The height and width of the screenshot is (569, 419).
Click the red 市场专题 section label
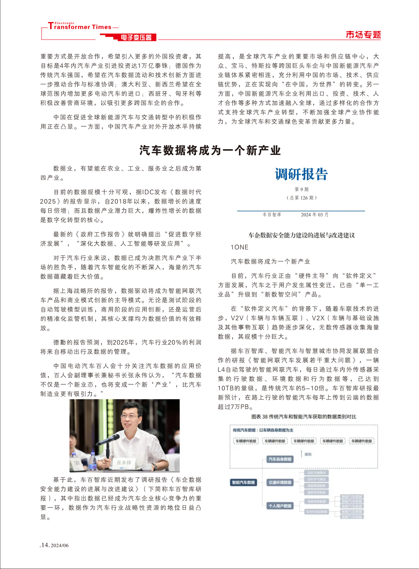(x=363, y=35)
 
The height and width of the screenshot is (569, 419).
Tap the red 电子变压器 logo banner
(x=136, y=37)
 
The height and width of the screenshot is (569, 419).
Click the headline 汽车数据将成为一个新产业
(x=210, y=151)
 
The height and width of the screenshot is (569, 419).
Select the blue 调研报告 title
(x=301, y=174)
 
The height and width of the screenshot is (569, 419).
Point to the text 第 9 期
(x=301, y=189)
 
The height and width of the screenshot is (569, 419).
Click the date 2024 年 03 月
(x=314, y=215)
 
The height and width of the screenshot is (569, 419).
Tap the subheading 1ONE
(x=239, y=247)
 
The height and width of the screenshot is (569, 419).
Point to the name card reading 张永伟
(x=124, y=462)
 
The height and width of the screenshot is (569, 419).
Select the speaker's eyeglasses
(x=130, y=417)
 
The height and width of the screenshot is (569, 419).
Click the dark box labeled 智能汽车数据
(x=243, y=483)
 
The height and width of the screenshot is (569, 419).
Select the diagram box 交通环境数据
(x=280, y=483)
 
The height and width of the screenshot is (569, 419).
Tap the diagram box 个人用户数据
(x=280, y=506)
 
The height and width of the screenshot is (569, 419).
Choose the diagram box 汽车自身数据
(x=280, y=459)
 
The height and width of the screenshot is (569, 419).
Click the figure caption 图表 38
(x=303, y=417)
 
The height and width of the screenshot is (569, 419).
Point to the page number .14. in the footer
(x=45, y=545)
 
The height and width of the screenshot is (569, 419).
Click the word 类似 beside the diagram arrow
(x=308, y=454)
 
